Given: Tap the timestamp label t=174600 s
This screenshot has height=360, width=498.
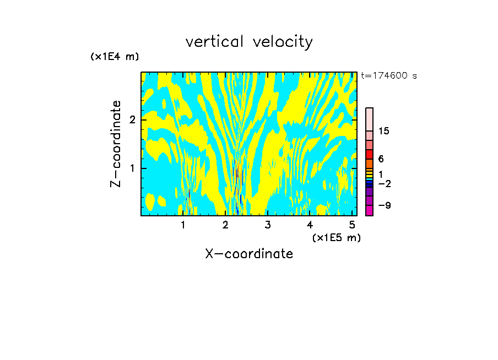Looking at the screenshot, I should tap(389, 75).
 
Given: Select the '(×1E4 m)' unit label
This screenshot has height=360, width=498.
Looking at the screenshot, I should tap(115, 57).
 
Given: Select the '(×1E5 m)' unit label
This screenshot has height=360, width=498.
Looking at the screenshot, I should tap(336, 237).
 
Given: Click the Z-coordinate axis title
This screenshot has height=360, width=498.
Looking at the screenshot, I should tap(116, 144).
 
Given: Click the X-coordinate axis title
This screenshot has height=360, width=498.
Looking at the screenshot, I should tap(249, 254).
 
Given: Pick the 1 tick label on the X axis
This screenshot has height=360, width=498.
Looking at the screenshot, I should tap(183, 225).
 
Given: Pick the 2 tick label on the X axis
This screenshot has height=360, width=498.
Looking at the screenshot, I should tap(225, 225).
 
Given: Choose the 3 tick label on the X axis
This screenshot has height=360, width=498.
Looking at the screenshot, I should tap(268, 225).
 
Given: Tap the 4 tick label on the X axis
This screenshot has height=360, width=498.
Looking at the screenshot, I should tap(310, 225).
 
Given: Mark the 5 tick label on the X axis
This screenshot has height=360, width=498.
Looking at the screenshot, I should tap(353, 225).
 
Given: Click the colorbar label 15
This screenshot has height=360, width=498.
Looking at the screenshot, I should tap(384, 131).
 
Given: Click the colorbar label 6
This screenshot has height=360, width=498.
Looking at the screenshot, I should tap(381, 159).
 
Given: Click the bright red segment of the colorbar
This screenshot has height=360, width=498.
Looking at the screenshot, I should tap(369, 154).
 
